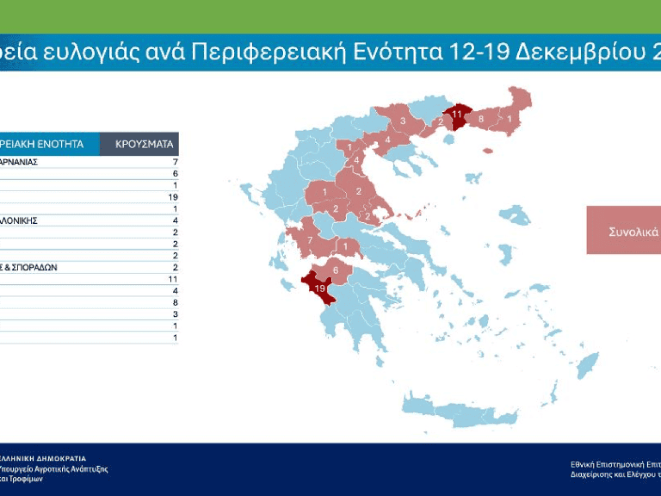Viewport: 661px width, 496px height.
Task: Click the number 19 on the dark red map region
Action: coord(319,288)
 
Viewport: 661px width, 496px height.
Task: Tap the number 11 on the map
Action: coord(456,114)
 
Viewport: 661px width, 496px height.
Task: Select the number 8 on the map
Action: coord(481,118)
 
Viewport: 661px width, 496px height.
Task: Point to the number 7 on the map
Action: coord(310,240)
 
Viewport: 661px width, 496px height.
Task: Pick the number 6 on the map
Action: coord(335,271)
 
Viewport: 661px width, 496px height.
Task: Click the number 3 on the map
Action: coord(403,121)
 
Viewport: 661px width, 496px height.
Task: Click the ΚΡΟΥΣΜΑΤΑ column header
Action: coord(144,144)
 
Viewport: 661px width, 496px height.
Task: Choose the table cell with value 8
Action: coord(175,302)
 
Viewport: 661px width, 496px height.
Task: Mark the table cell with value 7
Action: coord(175,162)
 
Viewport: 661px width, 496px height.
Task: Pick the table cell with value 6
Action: coord(175,174)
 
